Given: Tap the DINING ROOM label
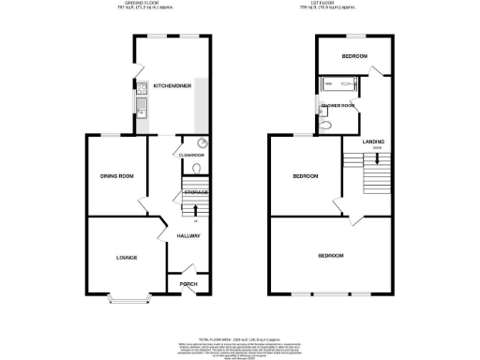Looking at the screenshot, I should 118,176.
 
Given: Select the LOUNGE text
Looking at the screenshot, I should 127,258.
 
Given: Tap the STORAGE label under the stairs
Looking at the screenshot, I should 195,192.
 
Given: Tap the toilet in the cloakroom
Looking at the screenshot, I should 193,169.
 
